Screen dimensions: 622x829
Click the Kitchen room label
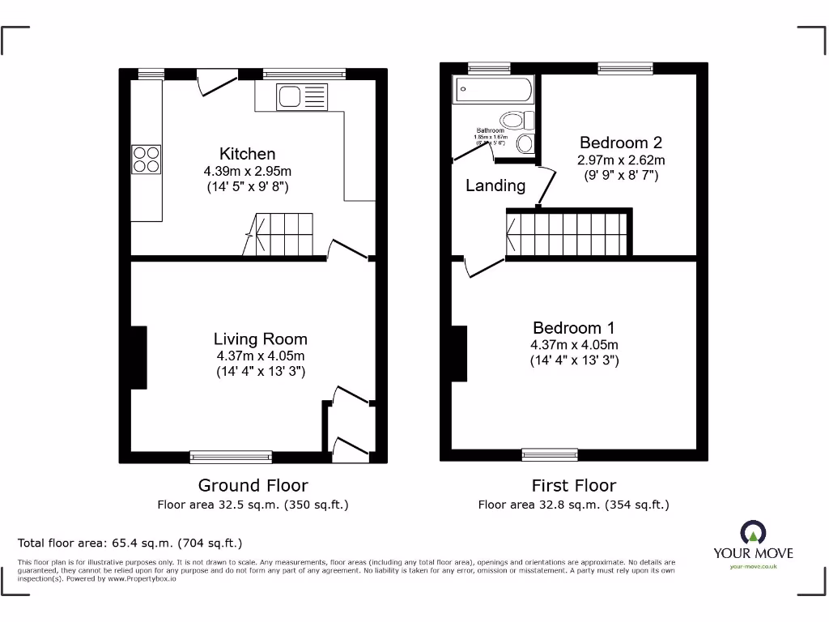(247, 154)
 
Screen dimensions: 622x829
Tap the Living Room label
(260, 339)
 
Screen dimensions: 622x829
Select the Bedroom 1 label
(574, 328)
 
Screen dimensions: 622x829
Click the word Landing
(495, 185)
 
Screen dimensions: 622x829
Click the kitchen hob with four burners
(147, 159)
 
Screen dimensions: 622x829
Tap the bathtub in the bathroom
(493, 90)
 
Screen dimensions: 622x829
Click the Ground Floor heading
(253, 486)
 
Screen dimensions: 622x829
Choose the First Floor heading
(573, 486)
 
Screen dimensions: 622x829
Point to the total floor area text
(130, 543)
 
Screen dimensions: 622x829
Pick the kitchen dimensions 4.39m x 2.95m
(247, 172)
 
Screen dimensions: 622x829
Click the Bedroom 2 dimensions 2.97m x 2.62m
(620, 160)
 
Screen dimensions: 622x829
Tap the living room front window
(231, 457)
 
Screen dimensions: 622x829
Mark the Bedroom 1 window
(550, 454)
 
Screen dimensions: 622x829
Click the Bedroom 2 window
(625, 69)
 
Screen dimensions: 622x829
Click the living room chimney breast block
(138, 356)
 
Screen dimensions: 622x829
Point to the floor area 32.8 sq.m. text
(573, 505)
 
